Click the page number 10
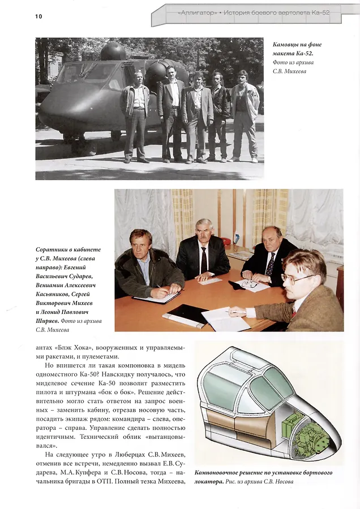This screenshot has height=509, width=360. click(38, 16)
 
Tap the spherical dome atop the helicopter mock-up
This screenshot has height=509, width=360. click(113, 51)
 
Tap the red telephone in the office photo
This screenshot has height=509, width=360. click(226, 241)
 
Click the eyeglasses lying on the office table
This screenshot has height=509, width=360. click(249, 283)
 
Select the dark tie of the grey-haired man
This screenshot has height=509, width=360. click(203, 260)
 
